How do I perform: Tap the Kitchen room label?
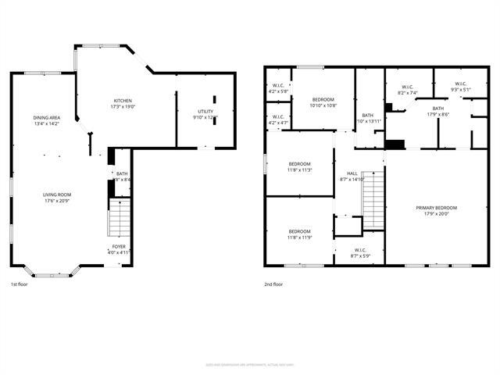tap(123, 101)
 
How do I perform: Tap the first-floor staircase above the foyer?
tap(118, 218)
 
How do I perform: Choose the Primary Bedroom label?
tap(436, 208)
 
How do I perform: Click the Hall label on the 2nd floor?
tap(352, 173)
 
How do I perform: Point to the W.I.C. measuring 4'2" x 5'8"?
tap(278, 87)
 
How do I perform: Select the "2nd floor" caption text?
tap(274, 284)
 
